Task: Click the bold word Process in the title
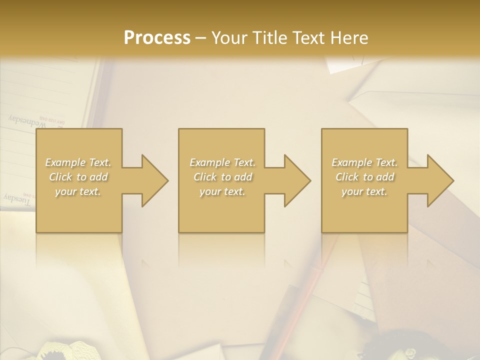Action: pos(157,37)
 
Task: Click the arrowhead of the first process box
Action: pos(154,181)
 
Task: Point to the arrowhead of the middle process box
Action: pos(297,181)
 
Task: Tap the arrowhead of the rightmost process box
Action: pos(440,181)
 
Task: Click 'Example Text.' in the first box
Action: pos(78,162)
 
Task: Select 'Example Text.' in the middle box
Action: pos(222,162)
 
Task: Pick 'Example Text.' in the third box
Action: pos(364,162)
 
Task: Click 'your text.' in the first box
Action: pos(78,191)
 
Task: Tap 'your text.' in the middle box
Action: pos(222,191)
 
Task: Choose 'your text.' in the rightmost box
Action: pos(364,191)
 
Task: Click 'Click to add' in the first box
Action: pos(78,177)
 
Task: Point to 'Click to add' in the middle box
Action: pos(222,177)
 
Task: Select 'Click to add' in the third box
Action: pos(364,177)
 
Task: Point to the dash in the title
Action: pos(201,38)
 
